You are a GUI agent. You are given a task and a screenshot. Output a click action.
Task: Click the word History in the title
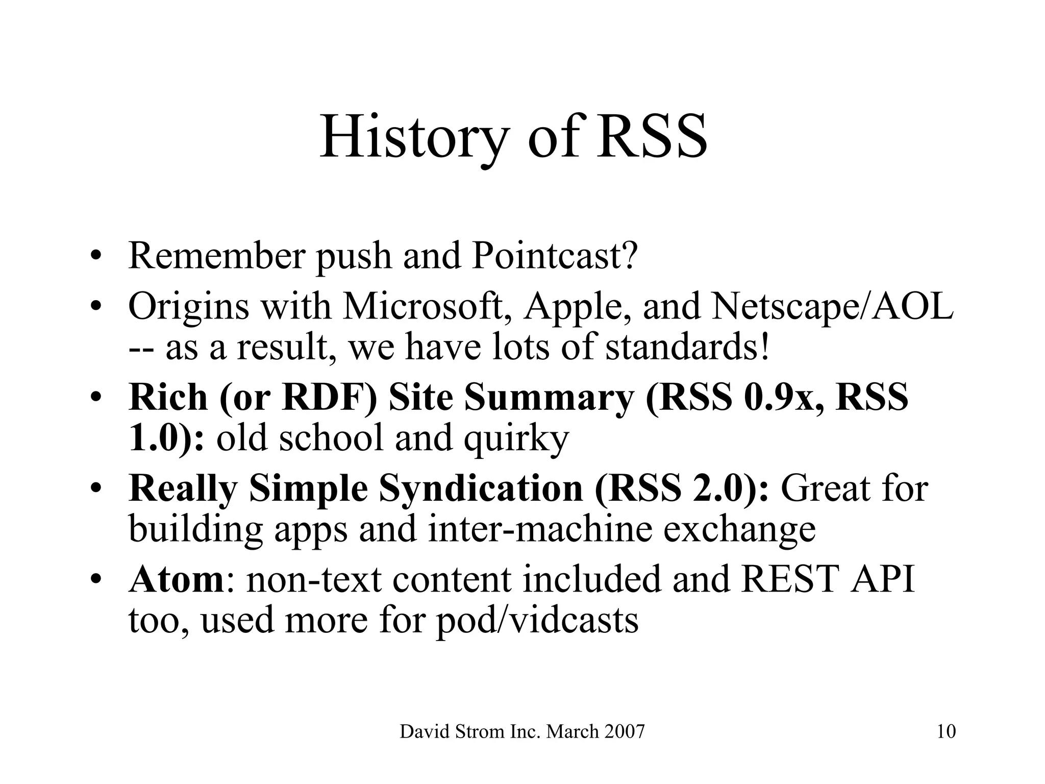point(414,137)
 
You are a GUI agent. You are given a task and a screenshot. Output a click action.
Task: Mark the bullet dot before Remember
point(94,256)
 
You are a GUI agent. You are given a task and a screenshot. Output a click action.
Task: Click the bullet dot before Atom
point(94,580)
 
